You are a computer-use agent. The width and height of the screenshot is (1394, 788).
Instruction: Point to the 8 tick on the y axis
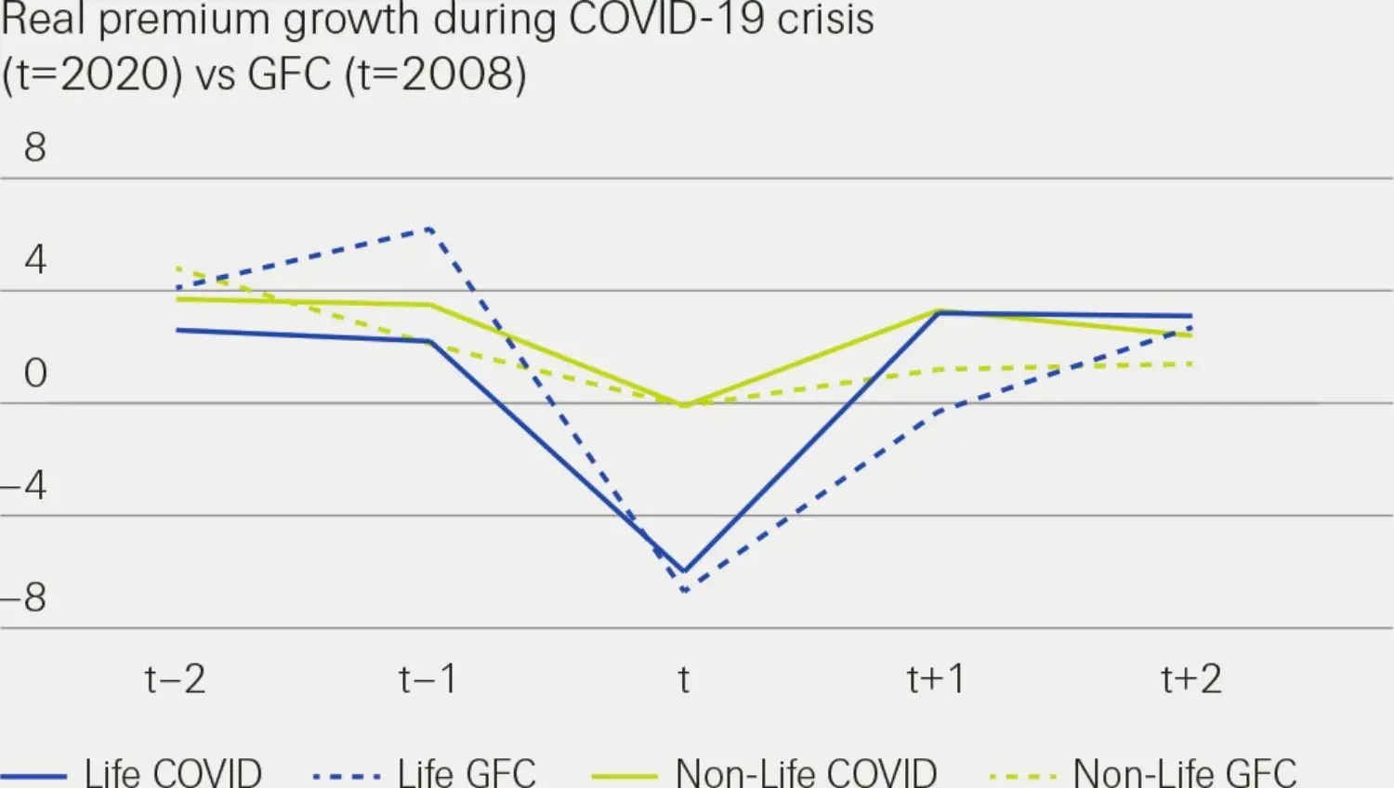coord(35,147)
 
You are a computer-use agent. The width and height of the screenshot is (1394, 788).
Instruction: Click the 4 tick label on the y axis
coord(35,259)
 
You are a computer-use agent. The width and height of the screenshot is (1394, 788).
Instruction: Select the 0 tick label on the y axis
coord(35,373)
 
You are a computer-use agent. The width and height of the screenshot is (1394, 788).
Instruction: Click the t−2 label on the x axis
coord(175,679)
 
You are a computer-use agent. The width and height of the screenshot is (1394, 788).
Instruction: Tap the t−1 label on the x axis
coord(428,679)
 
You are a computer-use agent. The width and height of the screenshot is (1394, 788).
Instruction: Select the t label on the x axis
coord(684,679)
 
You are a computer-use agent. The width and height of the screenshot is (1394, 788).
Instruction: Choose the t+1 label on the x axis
coord(937,679)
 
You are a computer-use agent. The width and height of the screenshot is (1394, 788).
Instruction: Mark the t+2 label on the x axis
coord(1191,679)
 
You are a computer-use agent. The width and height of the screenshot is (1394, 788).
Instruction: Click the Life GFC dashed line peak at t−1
coord(429,228)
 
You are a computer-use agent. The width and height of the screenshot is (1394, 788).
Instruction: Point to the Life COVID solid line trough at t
coord(684,571)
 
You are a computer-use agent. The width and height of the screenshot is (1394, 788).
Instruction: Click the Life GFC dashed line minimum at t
coord(685,590)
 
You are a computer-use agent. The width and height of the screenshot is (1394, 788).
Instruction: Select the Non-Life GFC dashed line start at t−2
coord(178,268)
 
